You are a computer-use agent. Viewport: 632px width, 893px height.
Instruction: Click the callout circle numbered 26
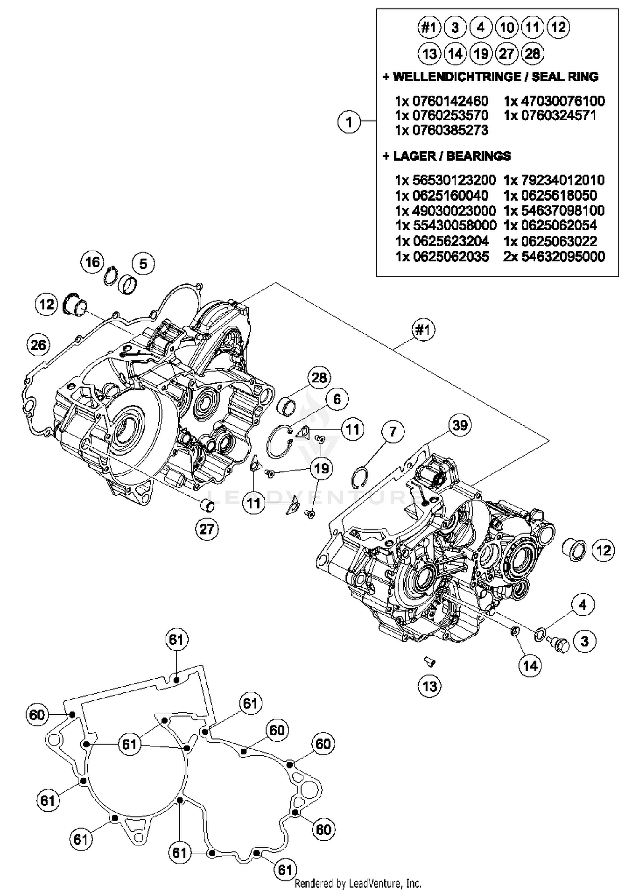[x=38, y=345]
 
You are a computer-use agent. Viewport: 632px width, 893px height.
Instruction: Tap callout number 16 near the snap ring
[x=92, y=262]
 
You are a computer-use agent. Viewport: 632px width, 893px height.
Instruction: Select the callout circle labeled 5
[x=143, y=264]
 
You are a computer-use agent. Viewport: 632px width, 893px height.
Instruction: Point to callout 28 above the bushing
[x=319, y=378]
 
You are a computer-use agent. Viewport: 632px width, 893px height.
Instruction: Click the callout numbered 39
[x=459, y=425]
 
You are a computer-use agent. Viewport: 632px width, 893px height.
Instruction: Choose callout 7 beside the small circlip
[x=393, y=432]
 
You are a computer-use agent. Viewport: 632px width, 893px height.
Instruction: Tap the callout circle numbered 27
[x=207, y=529]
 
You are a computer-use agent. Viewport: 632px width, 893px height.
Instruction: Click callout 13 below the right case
[x=429, y=686]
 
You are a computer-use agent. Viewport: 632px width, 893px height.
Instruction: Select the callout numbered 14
[x=530, y=666]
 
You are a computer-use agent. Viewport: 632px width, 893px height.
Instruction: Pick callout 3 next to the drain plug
[x=584, y=642]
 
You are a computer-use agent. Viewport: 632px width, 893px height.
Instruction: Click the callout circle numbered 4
[x=583, y=605]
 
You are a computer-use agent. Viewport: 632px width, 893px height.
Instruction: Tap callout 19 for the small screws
[x=321, y=468]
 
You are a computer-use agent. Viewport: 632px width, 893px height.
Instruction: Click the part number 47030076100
[x=554, y=101]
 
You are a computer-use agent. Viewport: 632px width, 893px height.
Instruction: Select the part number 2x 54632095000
[x=554, y=257]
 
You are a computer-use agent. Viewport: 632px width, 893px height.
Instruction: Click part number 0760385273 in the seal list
[x=442, y=130]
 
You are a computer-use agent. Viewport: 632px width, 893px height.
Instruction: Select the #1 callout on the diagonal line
[x=423, y=330]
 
